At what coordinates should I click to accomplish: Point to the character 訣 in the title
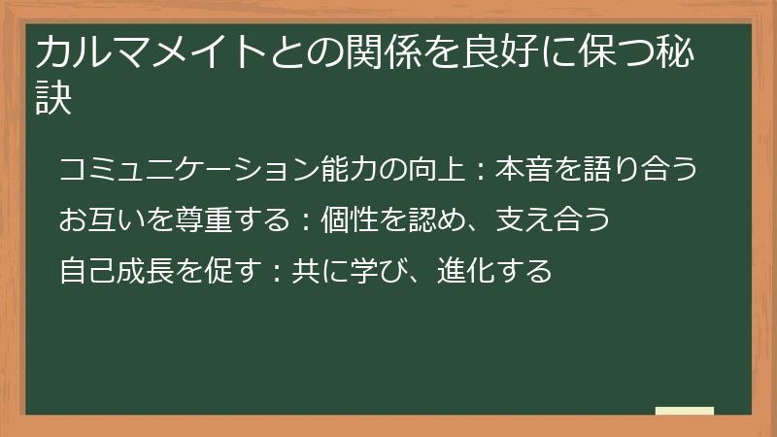click(x=54, y=100)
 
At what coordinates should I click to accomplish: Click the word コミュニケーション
click(x=189, y=170)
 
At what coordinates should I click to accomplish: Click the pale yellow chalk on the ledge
click(x=685, y=411)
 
